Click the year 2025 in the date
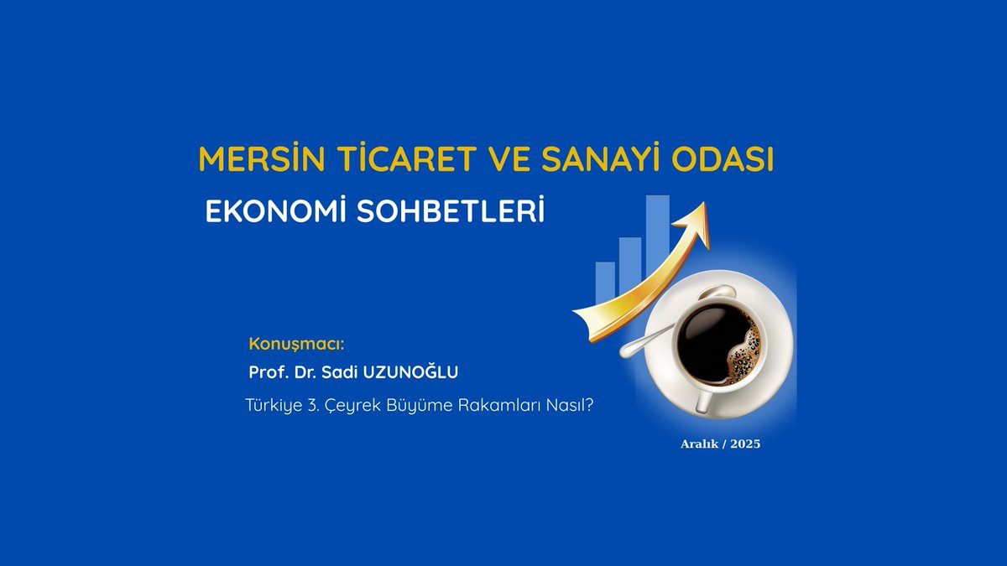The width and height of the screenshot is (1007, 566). tap(745, 444)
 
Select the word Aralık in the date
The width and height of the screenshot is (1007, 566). tap(700, 444)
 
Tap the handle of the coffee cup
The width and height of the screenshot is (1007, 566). tap(703, 400)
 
